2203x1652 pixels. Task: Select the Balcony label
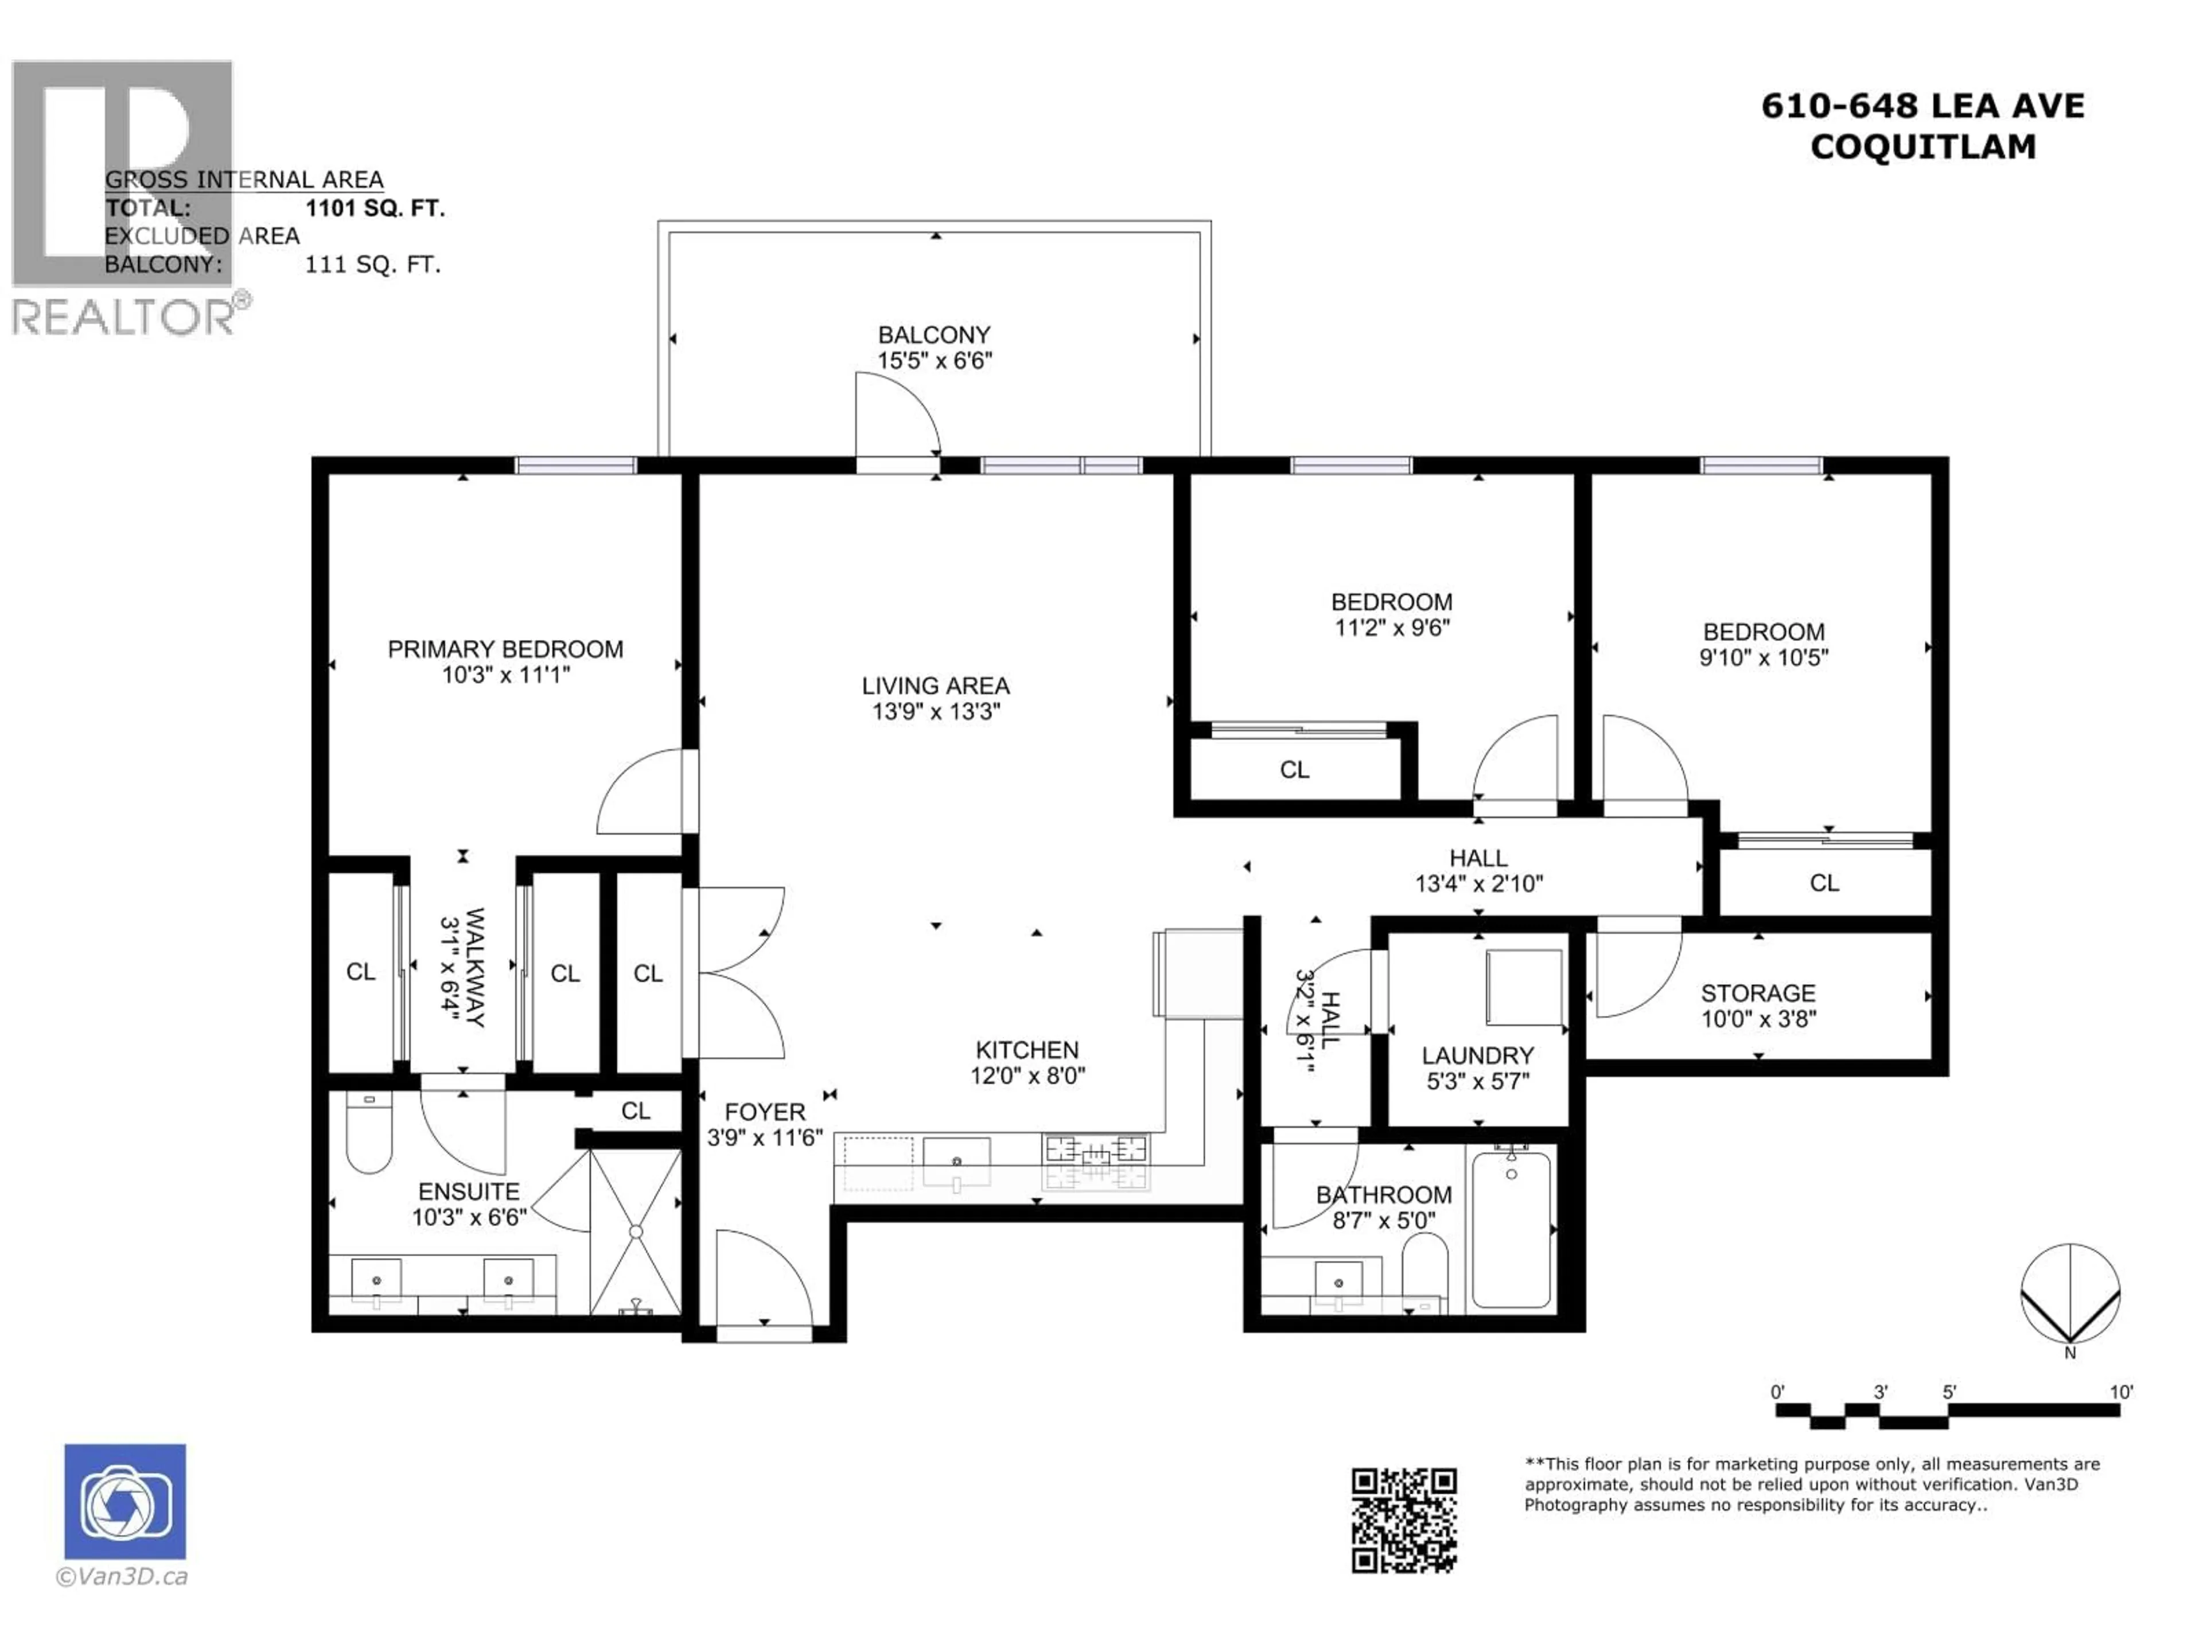pyautogui.click(x=933, y=334)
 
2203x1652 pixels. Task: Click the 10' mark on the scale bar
pyautogui.click(x=2122, y=1392)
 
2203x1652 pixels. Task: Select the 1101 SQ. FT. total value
pyautogui.click(x=375, y=208)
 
